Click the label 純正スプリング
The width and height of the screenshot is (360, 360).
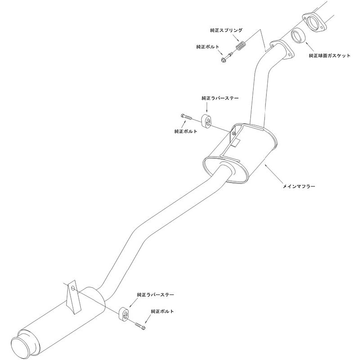226,30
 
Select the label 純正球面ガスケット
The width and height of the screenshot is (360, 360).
330,55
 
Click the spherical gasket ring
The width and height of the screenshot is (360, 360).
298,36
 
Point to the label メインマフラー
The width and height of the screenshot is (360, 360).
299,186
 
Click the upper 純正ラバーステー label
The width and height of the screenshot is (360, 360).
220,98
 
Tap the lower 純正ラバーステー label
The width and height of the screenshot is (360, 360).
155,295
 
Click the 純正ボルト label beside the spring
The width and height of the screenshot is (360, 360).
207,47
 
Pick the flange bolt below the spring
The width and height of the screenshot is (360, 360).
227,58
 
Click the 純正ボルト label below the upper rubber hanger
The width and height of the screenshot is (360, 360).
186,131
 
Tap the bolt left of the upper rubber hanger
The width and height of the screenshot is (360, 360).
186,117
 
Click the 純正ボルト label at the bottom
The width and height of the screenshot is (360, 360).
162,311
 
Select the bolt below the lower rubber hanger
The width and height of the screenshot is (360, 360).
140,326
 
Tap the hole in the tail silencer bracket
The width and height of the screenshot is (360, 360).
73,288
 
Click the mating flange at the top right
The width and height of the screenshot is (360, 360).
314,22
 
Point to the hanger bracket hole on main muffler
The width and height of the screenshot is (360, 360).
233,133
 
